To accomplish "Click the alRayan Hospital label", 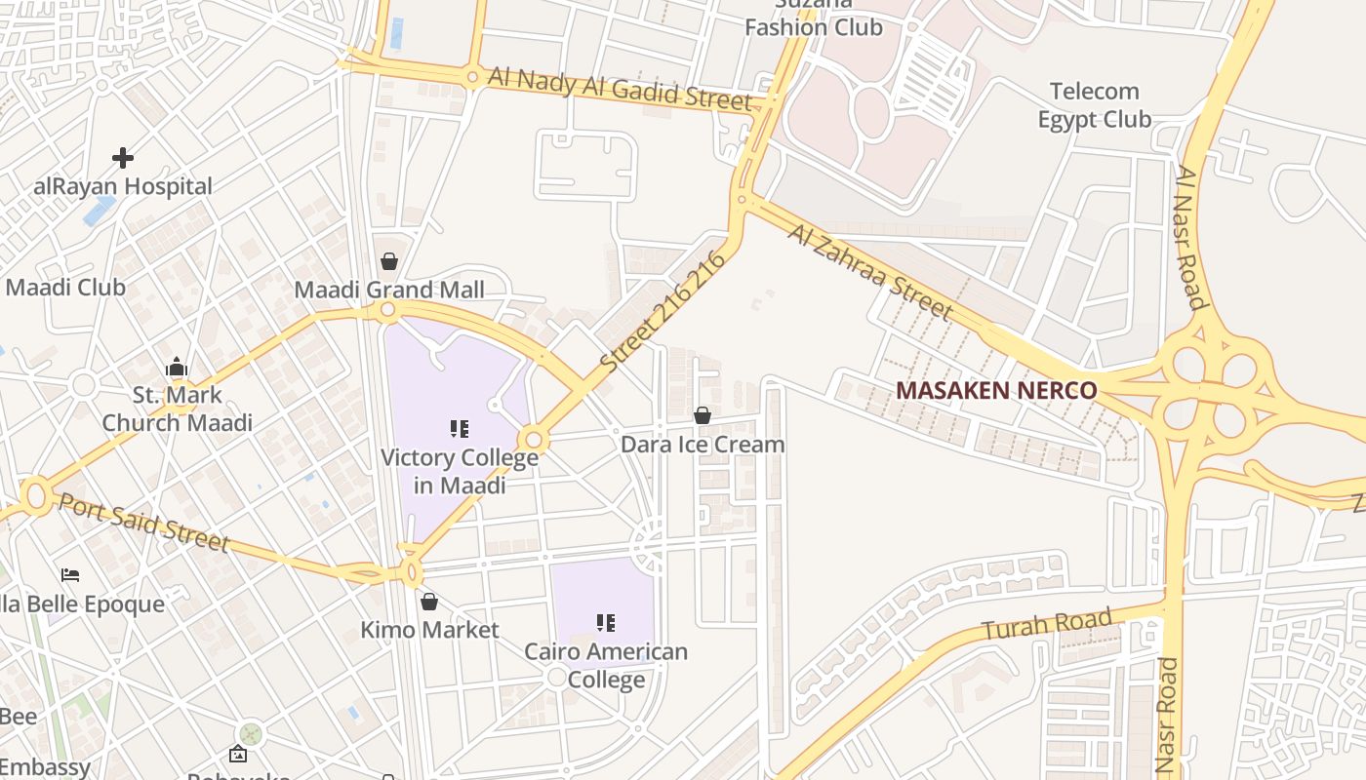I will tap(123, 186).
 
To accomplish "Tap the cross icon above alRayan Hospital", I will tap(123, 157).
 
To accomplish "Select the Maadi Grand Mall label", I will tap(389, 290).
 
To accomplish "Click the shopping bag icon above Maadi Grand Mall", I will tap(389, 261).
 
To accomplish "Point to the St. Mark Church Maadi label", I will tap(177, 409).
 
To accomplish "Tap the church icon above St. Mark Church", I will tap(177, 368).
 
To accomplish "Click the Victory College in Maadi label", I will tap(460, 470).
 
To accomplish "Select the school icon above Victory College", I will tap(460, 429).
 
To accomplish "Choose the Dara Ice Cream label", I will tap(703, 445).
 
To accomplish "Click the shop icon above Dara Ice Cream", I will tap(702, 416).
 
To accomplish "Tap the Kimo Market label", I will tap(429, 630).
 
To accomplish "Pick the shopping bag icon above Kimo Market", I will tap(428, 602).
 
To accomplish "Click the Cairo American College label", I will tap(606, 664).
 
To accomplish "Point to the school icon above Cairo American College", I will tap(606, 622).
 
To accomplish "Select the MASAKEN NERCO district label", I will tap(996, 390).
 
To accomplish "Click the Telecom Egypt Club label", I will tap(1094, 105).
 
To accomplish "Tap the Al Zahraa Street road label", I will tap(869, 272).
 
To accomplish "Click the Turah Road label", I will tap(1046, 624).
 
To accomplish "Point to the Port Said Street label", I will tap(143, 523).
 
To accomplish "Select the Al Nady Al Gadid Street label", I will tap(620, 89).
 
